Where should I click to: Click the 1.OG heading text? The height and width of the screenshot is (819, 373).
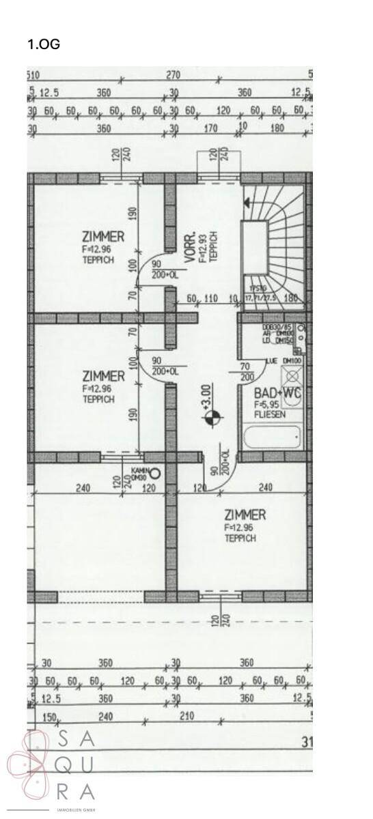point(44,44)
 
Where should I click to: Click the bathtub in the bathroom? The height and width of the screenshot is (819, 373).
point(273,437)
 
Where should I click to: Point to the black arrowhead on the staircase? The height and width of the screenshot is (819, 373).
point(247,202)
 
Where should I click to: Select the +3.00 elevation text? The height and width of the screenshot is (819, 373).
point(207,396)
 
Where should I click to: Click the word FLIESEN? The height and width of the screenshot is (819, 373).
point(269,414)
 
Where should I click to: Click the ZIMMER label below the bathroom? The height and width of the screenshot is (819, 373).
point(245,515)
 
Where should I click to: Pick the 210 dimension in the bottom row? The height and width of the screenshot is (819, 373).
point(186,716)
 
